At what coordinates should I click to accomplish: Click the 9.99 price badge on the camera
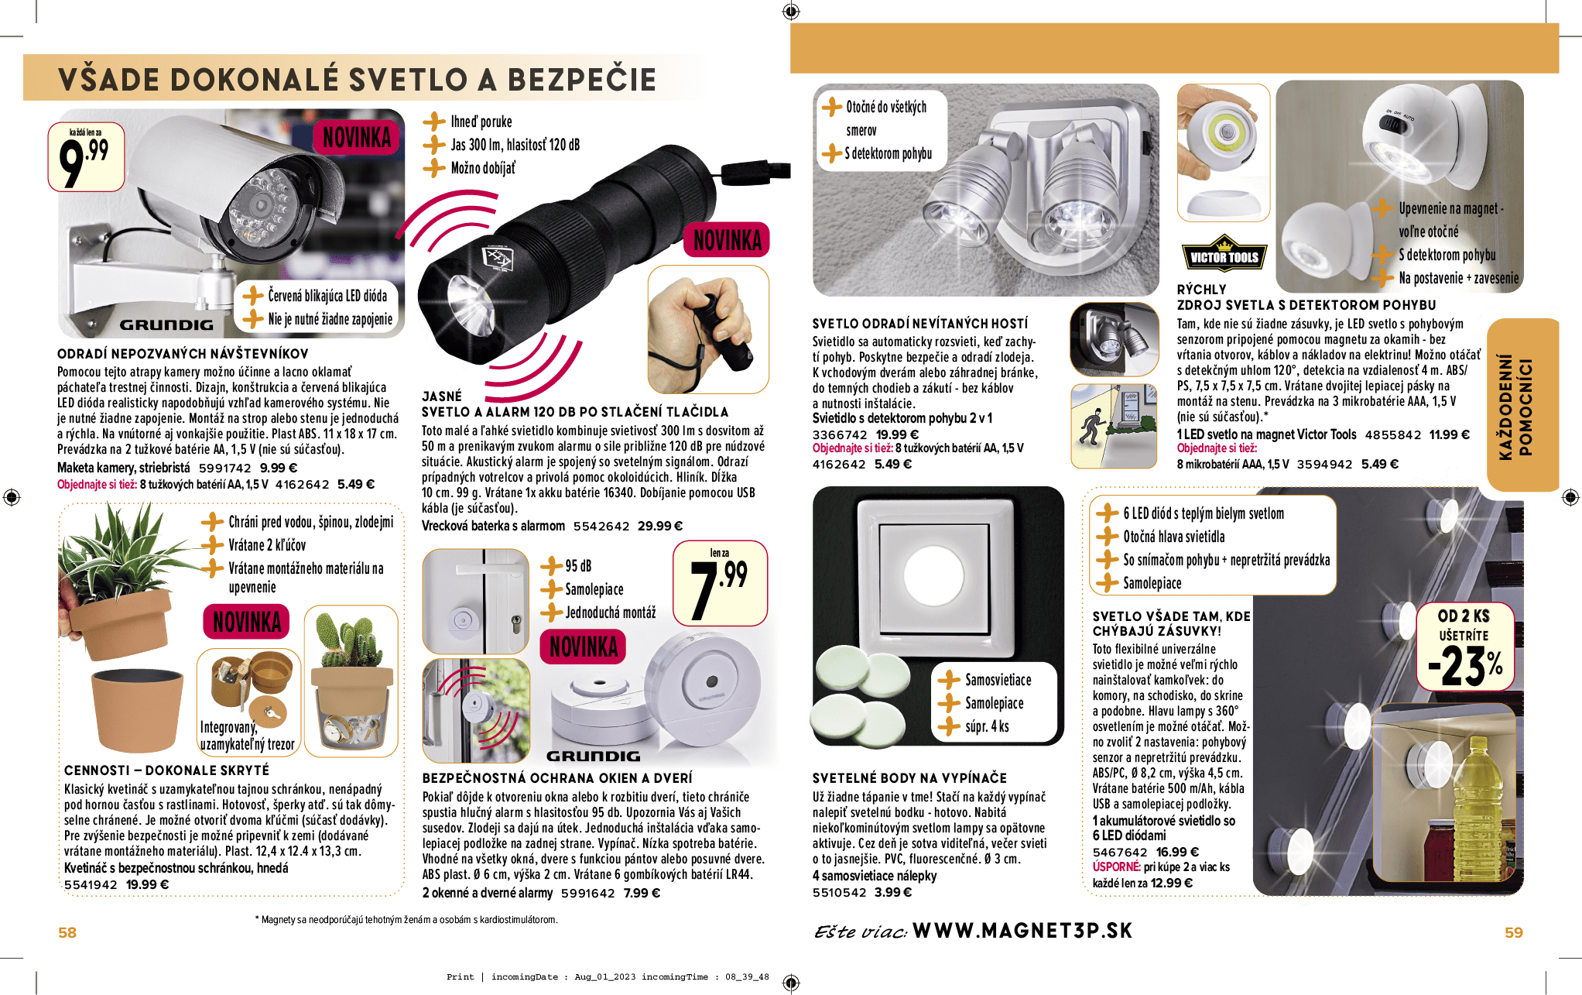[x=86, y=156]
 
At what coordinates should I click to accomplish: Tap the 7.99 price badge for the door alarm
[x=720, y=583]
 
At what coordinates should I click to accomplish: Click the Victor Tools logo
[x=1224, y=256]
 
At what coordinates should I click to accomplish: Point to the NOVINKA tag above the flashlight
[x=727, y=240]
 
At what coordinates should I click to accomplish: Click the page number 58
[x=67, y=932]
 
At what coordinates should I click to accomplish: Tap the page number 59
[x=1513, y=932]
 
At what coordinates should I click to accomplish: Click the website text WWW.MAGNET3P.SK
[x=1022, y=931]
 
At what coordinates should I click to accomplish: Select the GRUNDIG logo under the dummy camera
[x=166, y=325]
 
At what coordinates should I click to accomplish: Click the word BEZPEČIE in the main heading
[x=581, y=80]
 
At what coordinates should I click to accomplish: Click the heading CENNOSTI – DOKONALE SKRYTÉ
[x=166, y=770]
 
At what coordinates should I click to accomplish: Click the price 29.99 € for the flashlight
[x=659, y=527]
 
